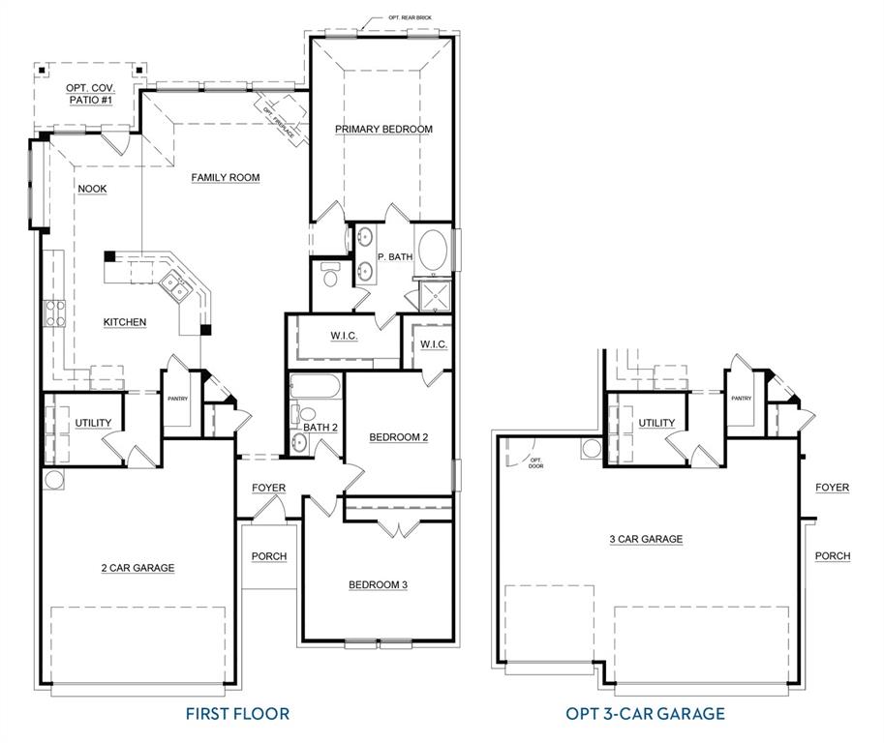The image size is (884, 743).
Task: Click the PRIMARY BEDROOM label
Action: coord(383,129)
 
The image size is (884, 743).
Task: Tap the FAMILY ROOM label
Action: coord(225,177)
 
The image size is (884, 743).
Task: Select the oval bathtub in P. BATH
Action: coord(432,253)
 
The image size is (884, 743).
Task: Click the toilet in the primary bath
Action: coord(328,277)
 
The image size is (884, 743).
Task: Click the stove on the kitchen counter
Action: coord(52,314)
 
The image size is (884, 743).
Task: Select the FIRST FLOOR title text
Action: coord(237,714)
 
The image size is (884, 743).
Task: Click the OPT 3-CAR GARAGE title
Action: coord(645,714)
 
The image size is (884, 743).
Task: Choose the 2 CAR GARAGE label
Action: coord(137,568)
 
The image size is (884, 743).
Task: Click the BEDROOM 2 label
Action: coord(398,437)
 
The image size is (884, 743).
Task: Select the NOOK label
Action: coord(92,189)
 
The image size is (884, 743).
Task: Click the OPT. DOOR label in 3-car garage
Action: coord(536,462)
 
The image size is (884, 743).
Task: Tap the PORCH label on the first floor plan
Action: coord(268,556)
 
